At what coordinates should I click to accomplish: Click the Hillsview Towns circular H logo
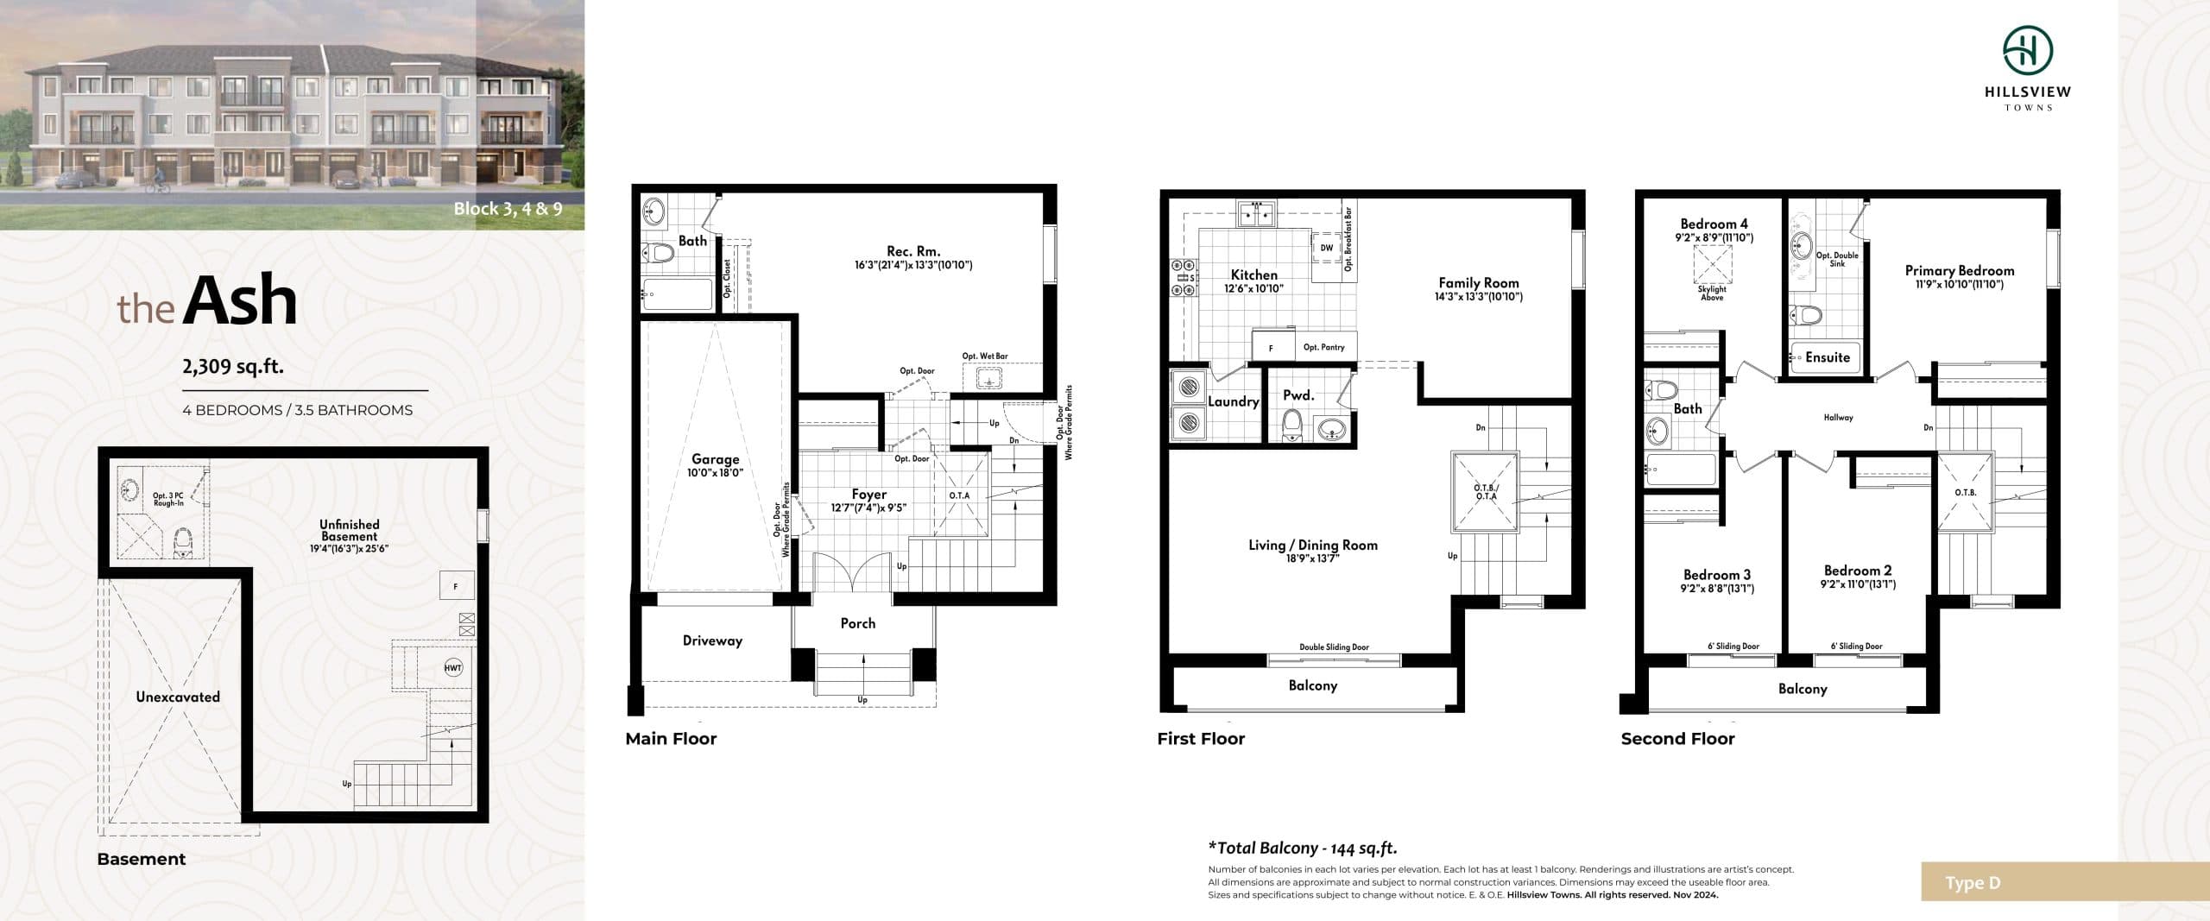2028,51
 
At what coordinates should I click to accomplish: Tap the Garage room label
715,460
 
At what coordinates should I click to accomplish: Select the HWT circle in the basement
453,667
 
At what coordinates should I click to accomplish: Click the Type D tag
1973,883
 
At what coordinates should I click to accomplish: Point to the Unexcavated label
178,697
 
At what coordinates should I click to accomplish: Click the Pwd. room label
1298,395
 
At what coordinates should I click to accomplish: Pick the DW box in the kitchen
1327,248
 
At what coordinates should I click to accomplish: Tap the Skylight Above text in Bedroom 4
1712,293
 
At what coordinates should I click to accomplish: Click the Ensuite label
1828,357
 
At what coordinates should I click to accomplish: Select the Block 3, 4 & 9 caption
508,208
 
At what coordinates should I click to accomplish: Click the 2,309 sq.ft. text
233,366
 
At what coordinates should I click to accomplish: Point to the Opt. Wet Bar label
985,356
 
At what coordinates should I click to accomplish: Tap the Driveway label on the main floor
712,640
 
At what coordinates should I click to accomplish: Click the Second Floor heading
1677,739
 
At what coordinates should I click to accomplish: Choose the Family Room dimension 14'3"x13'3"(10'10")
1479,297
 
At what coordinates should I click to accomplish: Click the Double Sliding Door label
1334,647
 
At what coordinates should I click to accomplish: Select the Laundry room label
1233,401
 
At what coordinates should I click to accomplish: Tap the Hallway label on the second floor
1838,418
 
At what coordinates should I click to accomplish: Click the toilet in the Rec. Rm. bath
660,254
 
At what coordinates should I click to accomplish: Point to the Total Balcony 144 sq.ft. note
1302,848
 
